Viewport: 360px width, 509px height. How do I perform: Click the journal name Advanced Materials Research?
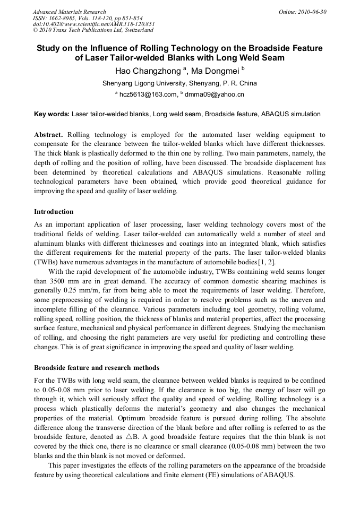click(70, 12)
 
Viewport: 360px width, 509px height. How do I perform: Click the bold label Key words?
click(52, 114)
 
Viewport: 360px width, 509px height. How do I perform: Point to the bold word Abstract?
click(48, 135)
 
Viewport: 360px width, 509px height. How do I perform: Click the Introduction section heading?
click(54, 211)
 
